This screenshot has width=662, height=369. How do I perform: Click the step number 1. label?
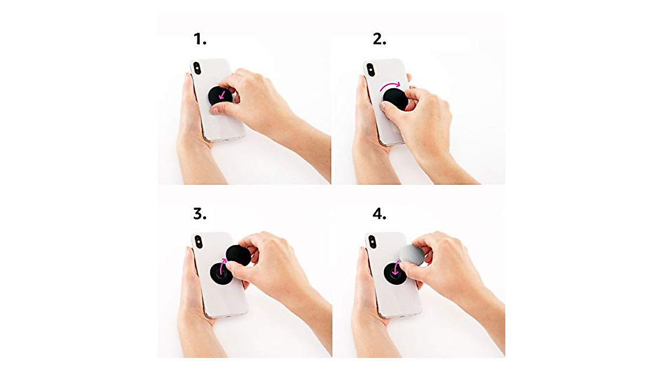199,39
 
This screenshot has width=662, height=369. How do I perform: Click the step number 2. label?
380,39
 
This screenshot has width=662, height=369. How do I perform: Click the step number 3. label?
199,213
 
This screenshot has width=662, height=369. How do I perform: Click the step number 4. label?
380,213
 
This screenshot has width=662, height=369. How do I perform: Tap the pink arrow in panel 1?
223,96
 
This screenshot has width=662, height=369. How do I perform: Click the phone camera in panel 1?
197,68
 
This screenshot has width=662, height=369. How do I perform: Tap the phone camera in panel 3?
197,242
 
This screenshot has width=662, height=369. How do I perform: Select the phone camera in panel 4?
371,242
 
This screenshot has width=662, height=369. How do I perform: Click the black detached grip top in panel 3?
238,255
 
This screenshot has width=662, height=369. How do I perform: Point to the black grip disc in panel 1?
218,97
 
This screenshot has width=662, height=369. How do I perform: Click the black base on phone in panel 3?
218,273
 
